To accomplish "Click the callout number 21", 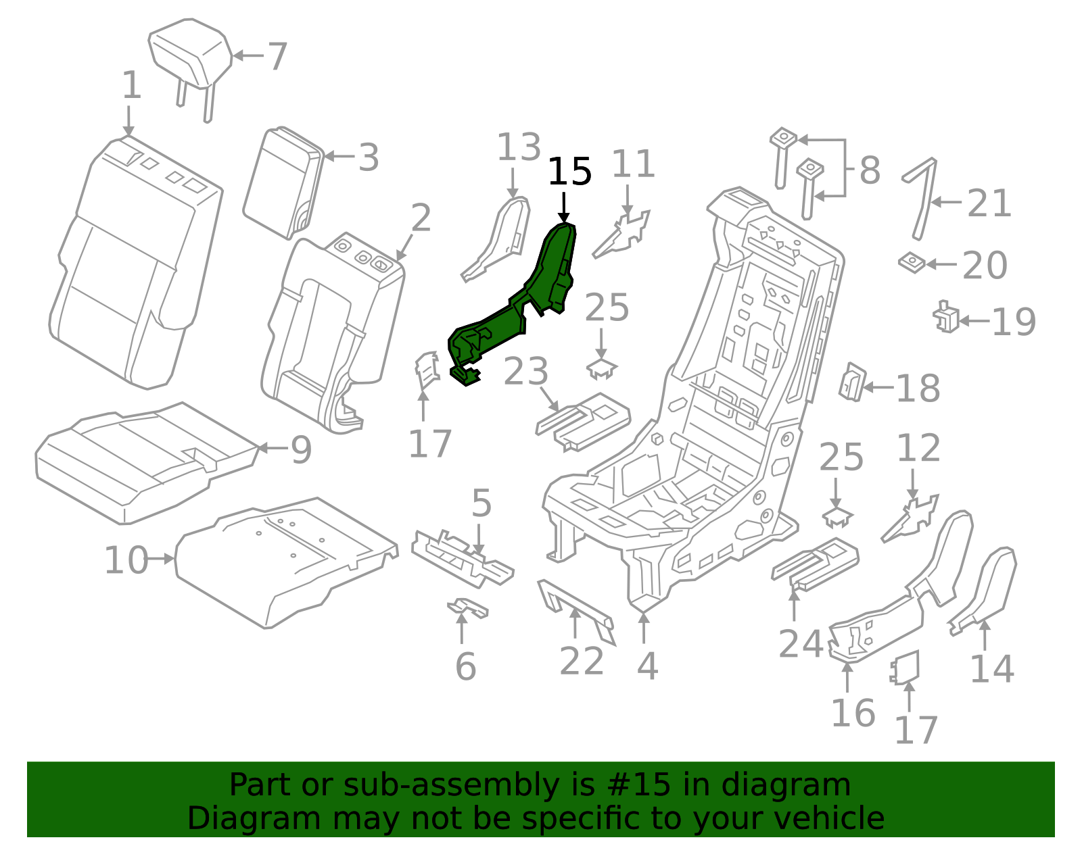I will coord(989,203).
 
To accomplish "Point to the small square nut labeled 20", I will coord(912,262).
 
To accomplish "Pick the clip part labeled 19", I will coord(946,318).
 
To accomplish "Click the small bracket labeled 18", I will coord(852,382).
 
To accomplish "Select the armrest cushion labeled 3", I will coord(281,182).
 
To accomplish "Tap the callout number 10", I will coord(126,560).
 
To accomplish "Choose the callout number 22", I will coord(582,661).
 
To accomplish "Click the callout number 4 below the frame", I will coord(647,666).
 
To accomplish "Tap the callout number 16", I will coord(853,713).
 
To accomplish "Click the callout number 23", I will coord(525,372).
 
